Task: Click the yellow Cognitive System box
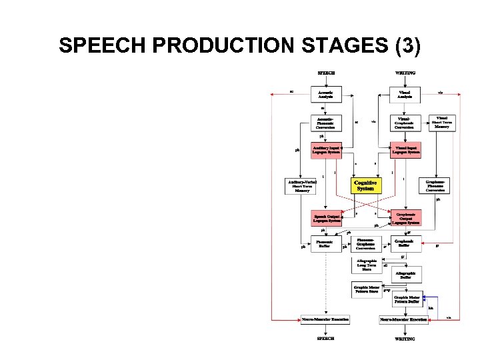tap(365, 185)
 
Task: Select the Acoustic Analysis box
tap(326, 94)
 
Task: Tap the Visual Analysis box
tap(405, 94)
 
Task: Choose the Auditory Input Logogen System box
tap(326, 149)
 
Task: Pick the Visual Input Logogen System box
tap(405, 149)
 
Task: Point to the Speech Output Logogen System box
tap(326, 219)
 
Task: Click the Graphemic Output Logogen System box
tap(405, 218)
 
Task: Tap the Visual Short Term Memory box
tap(441, 123)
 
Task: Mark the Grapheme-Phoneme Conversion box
tap(441, 185)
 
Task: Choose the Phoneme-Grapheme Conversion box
tap(365, 244)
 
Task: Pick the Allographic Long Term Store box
tap(366, 265)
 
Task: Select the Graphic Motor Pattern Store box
tap(366, 289)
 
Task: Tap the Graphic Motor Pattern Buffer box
tap(407, 300)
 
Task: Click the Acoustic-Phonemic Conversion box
tap(326, 123)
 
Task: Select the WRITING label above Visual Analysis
tap(405, 73)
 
